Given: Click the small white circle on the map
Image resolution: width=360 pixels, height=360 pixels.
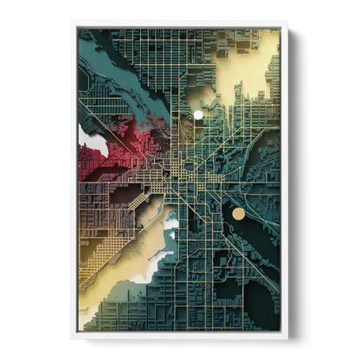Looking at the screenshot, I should pos(198,114).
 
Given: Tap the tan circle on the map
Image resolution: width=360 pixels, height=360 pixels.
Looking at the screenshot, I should pos(238,213).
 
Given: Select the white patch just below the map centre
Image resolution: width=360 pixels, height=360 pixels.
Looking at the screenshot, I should pos(169,228).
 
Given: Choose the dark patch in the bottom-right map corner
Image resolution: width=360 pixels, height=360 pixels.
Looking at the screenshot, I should pos(264,303).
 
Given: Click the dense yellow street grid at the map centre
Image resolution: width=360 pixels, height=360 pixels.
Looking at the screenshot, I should pos(182,169).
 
